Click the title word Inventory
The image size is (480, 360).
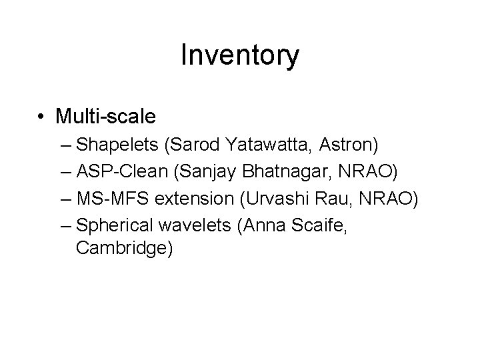[240, 56]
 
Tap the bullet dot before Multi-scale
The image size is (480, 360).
[42, 118]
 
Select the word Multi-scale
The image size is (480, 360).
[106, 117]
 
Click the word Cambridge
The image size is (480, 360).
[124, 249]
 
